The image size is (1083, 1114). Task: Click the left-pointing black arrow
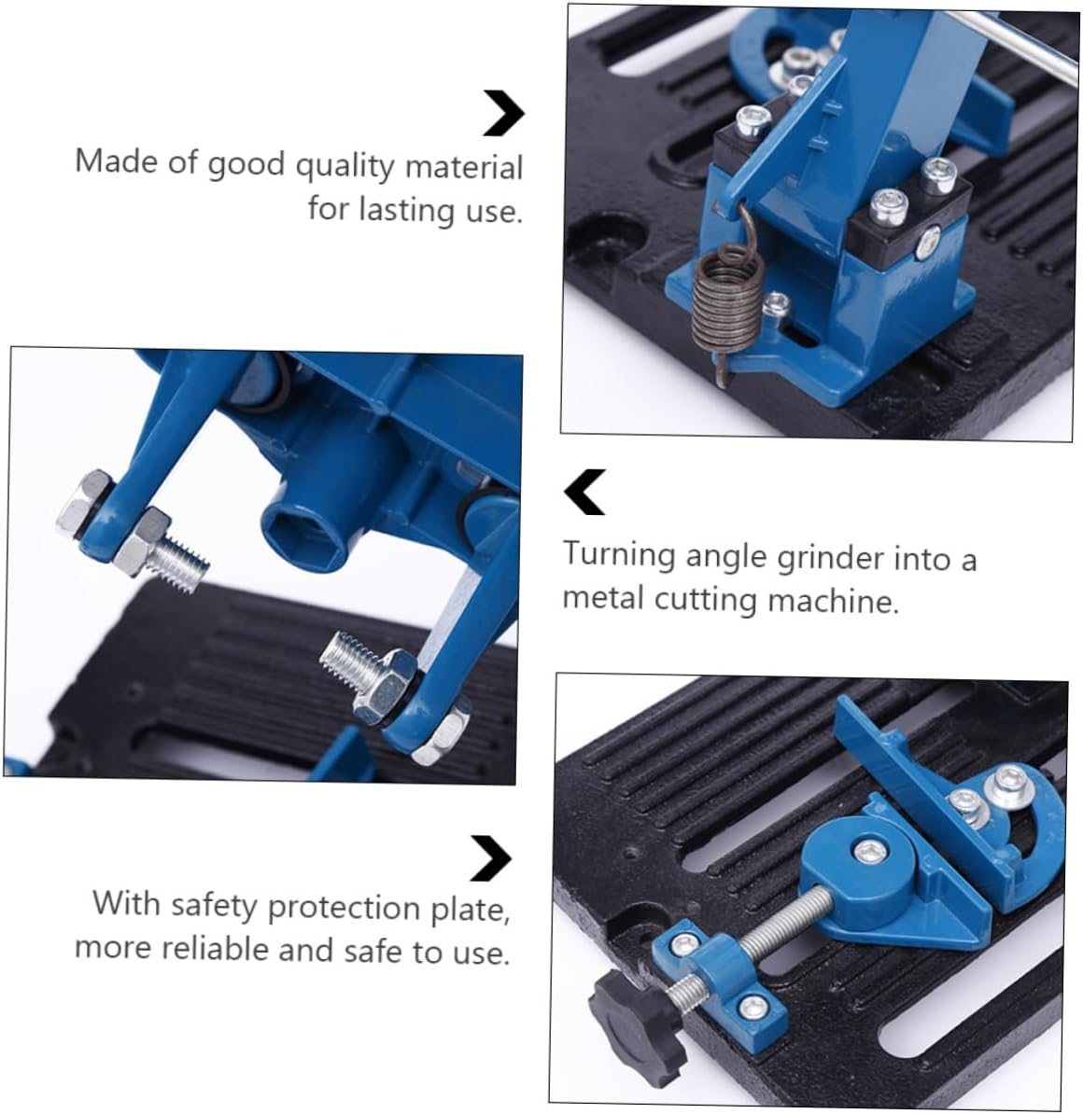pos(585,492)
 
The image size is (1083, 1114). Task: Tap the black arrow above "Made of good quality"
pos(504,114)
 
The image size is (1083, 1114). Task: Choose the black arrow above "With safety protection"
pos(491,857)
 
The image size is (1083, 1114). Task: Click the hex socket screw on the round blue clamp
pos(869,850)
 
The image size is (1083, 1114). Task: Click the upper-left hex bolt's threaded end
pos(182,564)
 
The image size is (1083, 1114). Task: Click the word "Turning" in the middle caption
pos(618,555)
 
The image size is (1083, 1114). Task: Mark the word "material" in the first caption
pos(463,167)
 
